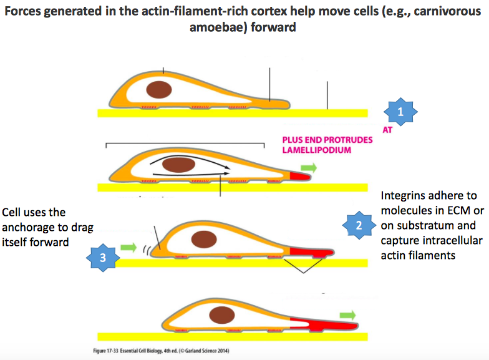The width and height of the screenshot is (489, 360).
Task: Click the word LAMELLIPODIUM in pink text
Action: pyautogui.click(x=315, y=150)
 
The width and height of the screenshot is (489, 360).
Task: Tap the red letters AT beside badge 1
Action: pyautogui.click(x=387, y=132)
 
